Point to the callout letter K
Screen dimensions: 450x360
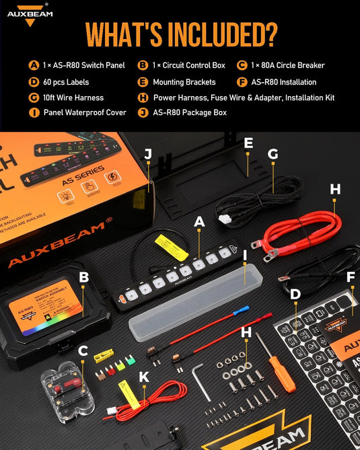(143, 377)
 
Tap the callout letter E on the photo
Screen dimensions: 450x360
(248, 143)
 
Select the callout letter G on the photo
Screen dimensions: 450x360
(273, 153)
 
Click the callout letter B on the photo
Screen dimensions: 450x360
(83, 276)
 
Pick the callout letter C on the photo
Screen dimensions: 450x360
(83, 350)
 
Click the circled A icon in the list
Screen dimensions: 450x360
(34, 66)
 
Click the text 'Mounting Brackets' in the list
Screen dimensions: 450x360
(184, 82)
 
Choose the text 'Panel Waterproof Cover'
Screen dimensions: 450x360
(85, 112)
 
